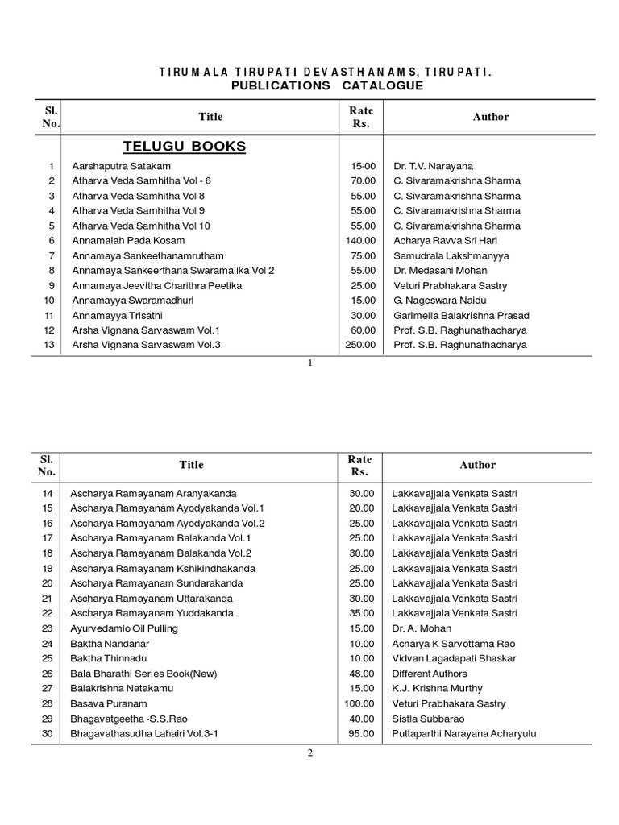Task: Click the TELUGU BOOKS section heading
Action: click(x=184, y=146)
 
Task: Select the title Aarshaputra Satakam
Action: click(x=122, y=165)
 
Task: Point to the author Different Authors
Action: click(x=430, y=674)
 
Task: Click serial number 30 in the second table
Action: click(x=47, y=734)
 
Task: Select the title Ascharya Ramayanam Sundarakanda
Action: click(x=156, y=583)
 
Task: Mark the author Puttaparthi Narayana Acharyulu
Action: click(x=464, y=734)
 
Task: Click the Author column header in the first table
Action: click(x=491, y=117)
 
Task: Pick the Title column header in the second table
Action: click(x=191, y=465)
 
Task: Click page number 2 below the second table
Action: click(x=309, y=753)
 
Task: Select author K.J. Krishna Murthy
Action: click(x=438, y=689)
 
